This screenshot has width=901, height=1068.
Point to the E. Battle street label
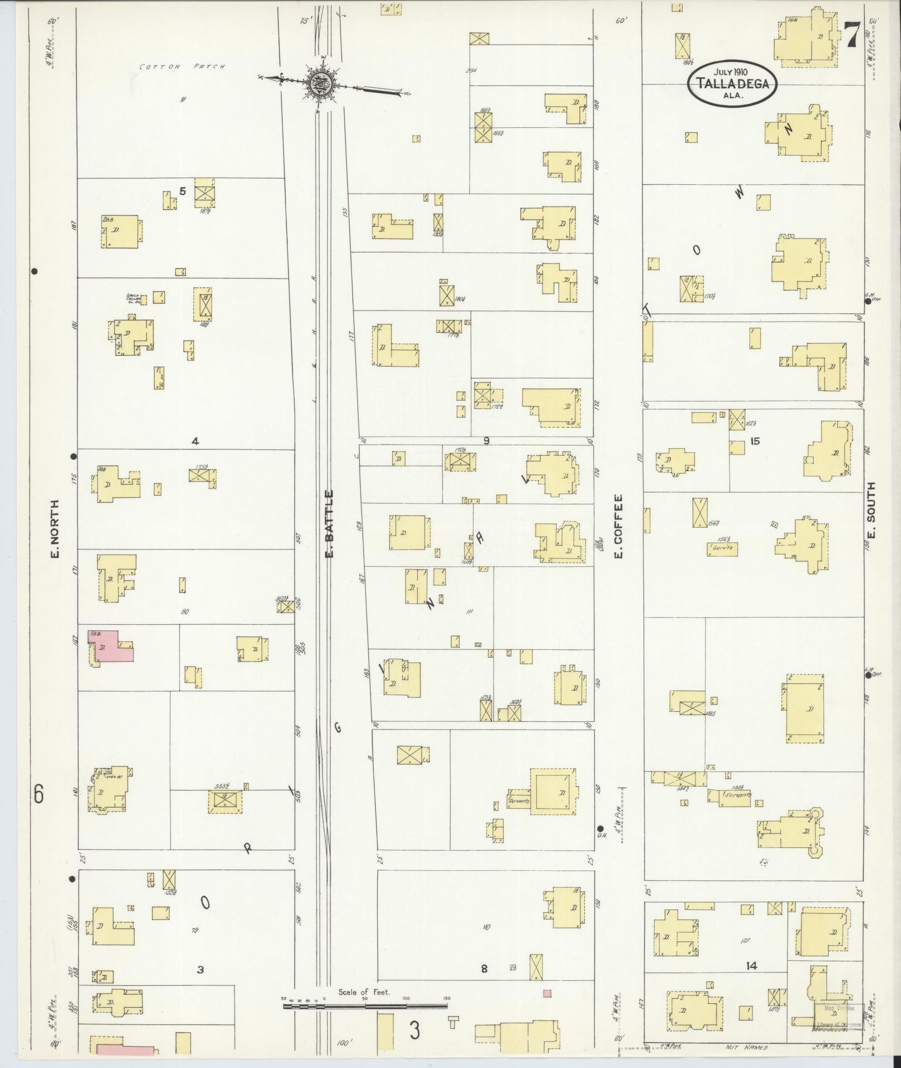click(329, 523)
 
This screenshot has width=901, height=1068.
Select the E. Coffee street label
click(618, 525)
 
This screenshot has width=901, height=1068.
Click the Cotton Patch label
click(182, 67)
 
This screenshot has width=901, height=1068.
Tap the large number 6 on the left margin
click(38, 794)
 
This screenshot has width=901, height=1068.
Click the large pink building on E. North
click(115, 646)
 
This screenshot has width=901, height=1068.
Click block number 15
click(755, 441)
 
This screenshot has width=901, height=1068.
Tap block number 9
click(486, 441)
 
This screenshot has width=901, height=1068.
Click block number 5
click(182, 191)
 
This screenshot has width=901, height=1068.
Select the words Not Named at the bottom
click(746, 1048)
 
